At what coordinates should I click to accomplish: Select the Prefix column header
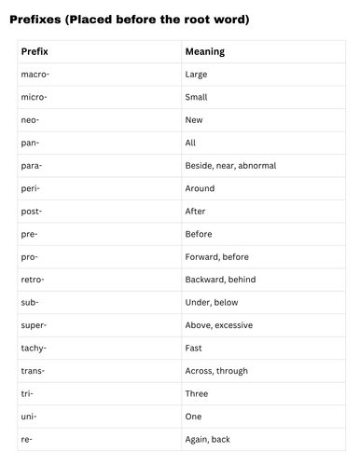[35, 52]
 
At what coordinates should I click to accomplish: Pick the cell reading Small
[197, 97]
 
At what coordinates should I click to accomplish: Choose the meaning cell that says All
[191, 143]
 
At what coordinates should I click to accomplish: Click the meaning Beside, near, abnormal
[230, 165]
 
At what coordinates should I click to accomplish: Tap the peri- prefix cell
[30, 188]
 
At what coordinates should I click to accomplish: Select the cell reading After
[197, 211]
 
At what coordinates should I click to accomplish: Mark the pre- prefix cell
[29, 234]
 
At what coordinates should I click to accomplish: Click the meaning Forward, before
[219, 256]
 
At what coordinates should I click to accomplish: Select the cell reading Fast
[194, 348]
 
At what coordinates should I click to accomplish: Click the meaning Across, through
[217, 371]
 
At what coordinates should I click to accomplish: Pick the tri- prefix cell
[27, 393]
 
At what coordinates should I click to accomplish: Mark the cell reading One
[194, 417]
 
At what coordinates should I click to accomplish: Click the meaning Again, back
[209, 439]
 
